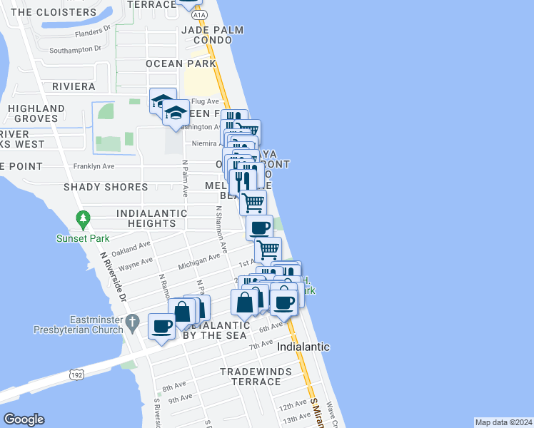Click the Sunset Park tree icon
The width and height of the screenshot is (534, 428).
[84, 218]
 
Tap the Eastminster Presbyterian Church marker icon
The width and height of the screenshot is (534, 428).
[131, 323]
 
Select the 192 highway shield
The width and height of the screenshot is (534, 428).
[77, 373]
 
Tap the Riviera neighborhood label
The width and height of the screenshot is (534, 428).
[74, 86]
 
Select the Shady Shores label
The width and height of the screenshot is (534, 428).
[105, 187]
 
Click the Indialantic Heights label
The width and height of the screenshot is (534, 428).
[151, 218]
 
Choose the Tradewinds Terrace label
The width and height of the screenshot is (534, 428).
[251, 377]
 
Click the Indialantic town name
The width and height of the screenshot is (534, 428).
[303, 347]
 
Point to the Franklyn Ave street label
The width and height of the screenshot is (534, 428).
[94, 166]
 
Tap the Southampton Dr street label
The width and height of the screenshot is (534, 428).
[81, 50]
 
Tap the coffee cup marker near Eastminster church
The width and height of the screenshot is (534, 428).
[161, 327]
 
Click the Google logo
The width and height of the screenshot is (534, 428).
[24, 419]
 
